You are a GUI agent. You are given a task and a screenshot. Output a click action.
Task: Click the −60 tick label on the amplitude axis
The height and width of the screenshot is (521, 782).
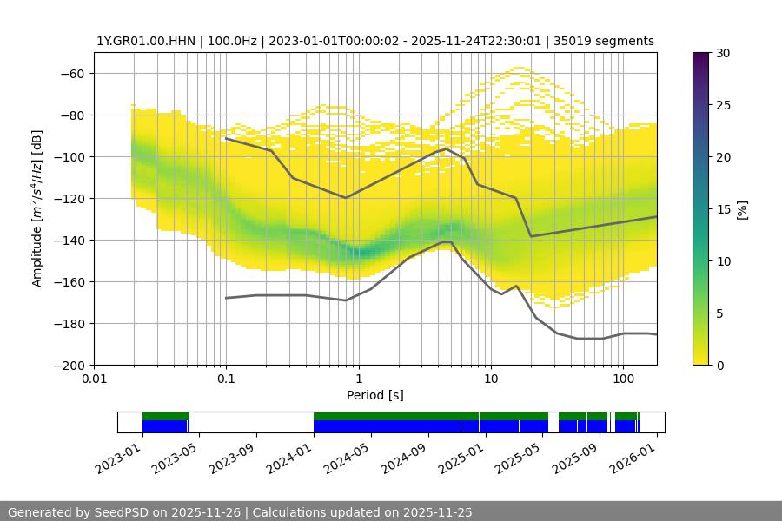coord(71,73)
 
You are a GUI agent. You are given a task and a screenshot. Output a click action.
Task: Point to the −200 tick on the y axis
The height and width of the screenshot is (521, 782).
coord(69,365)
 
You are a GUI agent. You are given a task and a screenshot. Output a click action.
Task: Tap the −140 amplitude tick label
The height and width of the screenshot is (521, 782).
coord(69,240)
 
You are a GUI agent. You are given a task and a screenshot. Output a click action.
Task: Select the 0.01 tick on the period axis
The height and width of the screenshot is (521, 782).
coord(94,379)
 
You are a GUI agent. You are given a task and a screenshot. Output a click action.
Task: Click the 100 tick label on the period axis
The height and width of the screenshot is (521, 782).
coord(622,379)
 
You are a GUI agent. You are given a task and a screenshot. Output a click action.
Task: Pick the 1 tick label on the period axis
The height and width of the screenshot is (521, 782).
coord(358,379)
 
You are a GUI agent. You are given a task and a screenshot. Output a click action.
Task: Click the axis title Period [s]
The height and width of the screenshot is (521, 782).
coord(374,395)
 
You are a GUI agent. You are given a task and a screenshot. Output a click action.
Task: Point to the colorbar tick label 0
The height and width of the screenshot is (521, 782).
coord(719,365)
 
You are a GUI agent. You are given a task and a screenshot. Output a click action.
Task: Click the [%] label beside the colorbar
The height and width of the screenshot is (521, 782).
coord(742,209)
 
